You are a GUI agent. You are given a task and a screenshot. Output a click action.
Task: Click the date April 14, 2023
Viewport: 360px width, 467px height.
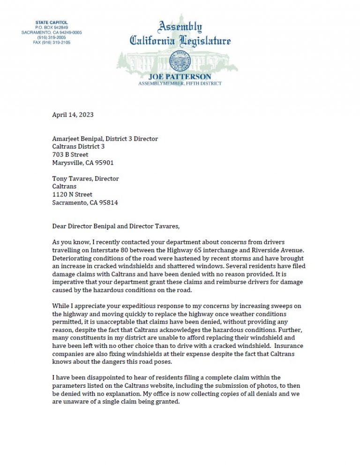click(73, 114)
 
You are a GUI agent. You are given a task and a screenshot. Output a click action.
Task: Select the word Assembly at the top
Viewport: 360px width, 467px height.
click(180, 26)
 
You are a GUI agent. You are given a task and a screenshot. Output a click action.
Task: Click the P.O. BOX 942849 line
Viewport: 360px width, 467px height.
click(52, 28)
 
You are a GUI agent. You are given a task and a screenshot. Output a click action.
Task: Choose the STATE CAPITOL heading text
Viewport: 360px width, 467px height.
click(52, 23)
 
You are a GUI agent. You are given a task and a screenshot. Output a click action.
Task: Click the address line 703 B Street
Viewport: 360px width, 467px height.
click(70, 155)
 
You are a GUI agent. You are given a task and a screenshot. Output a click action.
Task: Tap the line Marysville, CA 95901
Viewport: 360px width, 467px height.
click(82, 163)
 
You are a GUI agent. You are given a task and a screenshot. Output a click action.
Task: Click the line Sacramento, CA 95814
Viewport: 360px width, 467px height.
click(85, 203)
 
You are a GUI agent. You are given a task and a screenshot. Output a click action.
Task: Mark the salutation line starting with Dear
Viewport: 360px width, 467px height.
click(115, 226)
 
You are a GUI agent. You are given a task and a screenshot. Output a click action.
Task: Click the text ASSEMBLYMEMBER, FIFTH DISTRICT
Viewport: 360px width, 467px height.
click(180, 83)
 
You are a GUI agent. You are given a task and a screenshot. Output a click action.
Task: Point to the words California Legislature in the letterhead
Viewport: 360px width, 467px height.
click(180, 41)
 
